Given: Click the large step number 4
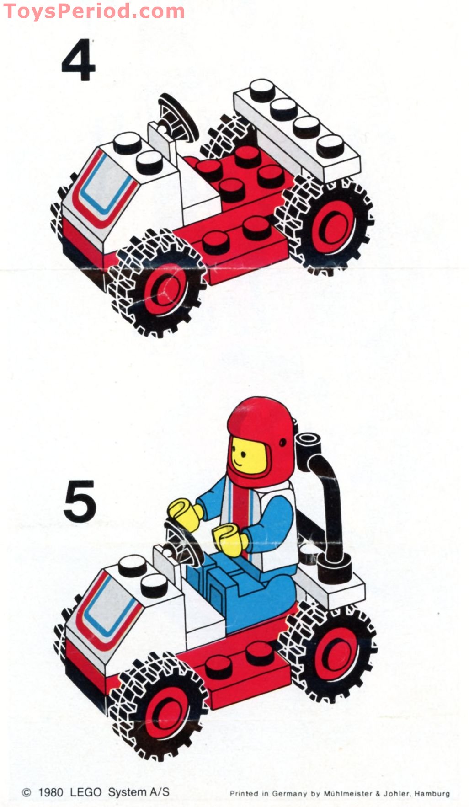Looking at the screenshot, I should pyautogui.click(x=78, y=64).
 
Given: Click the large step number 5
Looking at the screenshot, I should pyautogui.click(x=80, y=501).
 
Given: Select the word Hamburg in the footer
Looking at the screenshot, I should pyautogui.click(x=432, y=794).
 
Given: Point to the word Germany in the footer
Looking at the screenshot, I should pyautogui.click(x=289, y=794).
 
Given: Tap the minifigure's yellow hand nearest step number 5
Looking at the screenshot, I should pyautogui.click(x=183, y=513).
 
